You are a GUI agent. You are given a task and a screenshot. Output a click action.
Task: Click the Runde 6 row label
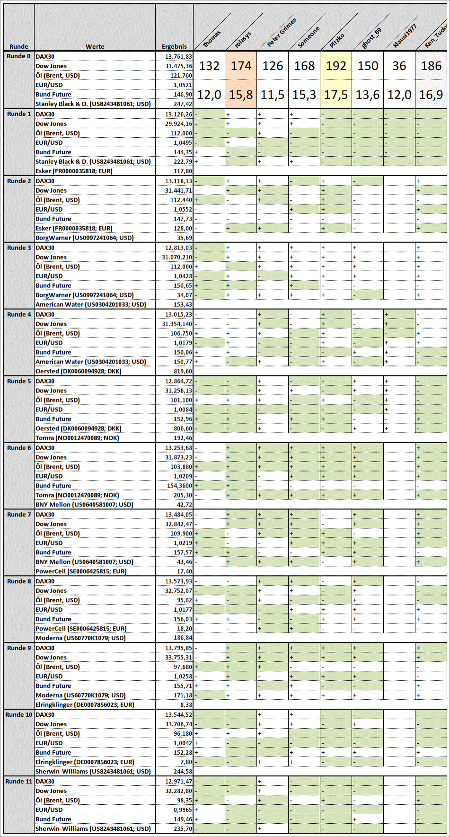pyautogui.click(x=19, y=448)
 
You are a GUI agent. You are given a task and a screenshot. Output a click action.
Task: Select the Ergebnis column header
pyautogui.click(x=174, y=46)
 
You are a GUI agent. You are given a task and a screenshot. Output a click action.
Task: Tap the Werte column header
pyautogui.click(x=95, y=46)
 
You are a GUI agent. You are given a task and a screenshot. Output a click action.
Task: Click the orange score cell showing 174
pyautogui.click(x=241, y=66)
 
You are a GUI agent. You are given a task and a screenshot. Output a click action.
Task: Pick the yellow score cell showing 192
pyautogui.click(x=336, y=66)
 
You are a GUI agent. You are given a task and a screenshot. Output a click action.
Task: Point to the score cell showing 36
pyautogui.click(x=399, y=66)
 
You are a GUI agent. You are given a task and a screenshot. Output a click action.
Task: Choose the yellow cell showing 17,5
pyautogui.click(x=336, y=95)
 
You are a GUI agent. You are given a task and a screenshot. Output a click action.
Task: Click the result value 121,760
pyautogui.click(x=181, y=76)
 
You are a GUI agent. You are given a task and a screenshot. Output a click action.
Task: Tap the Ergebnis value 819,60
pyautogui.click(x=183, y=372)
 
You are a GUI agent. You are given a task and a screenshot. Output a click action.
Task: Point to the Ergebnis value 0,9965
pyautogui.click(x=183, y=810)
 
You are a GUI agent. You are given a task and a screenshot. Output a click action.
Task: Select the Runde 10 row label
pyautogui.click(x=19, y=715)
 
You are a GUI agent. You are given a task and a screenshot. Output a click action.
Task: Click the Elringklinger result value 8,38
pyautogui.click(x=186, y=705)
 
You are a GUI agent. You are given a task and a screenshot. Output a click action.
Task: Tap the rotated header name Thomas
pyautogui.click(x=212, y=39)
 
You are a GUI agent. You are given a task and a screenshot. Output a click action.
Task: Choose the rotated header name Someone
pyautogui.click(x=309, y=37)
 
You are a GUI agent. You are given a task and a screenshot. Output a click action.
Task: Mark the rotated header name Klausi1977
pyautogui.click(x=405, y=36)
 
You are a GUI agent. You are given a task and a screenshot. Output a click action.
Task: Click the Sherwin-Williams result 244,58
pyautogui.click(x=183, y=772)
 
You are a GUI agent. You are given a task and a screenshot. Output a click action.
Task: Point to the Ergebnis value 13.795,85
pyautogui.click(x=178, y=648)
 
